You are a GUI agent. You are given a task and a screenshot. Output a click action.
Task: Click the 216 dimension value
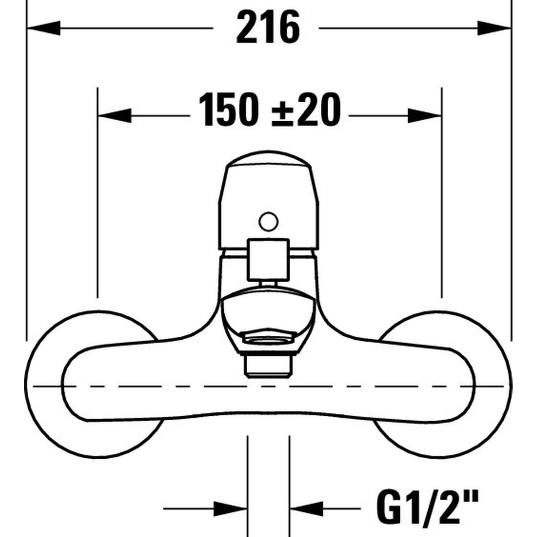268,28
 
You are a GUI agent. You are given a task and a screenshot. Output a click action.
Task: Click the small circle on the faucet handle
268,221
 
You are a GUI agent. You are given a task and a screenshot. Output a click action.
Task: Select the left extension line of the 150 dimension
97,199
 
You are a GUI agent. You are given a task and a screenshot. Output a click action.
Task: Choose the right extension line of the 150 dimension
441,199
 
